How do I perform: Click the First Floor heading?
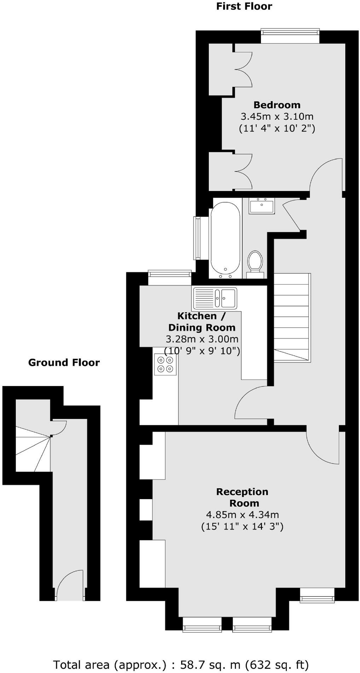tap(244, 6)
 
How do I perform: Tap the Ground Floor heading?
tap(64, 363)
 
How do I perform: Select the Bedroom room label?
tap(277, 105)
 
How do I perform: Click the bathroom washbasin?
tap(262, 206)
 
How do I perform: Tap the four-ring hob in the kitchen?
tap(166, 364)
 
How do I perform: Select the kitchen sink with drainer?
tap(215, 298)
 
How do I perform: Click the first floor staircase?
tap(292, 318)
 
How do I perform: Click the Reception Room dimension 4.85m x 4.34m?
tap(242, 515)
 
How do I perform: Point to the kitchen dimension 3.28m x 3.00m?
tap(202, 339)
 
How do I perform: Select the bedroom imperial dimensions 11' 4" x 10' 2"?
tap(277, 128)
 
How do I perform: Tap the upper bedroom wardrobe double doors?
tap(243, 69)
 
